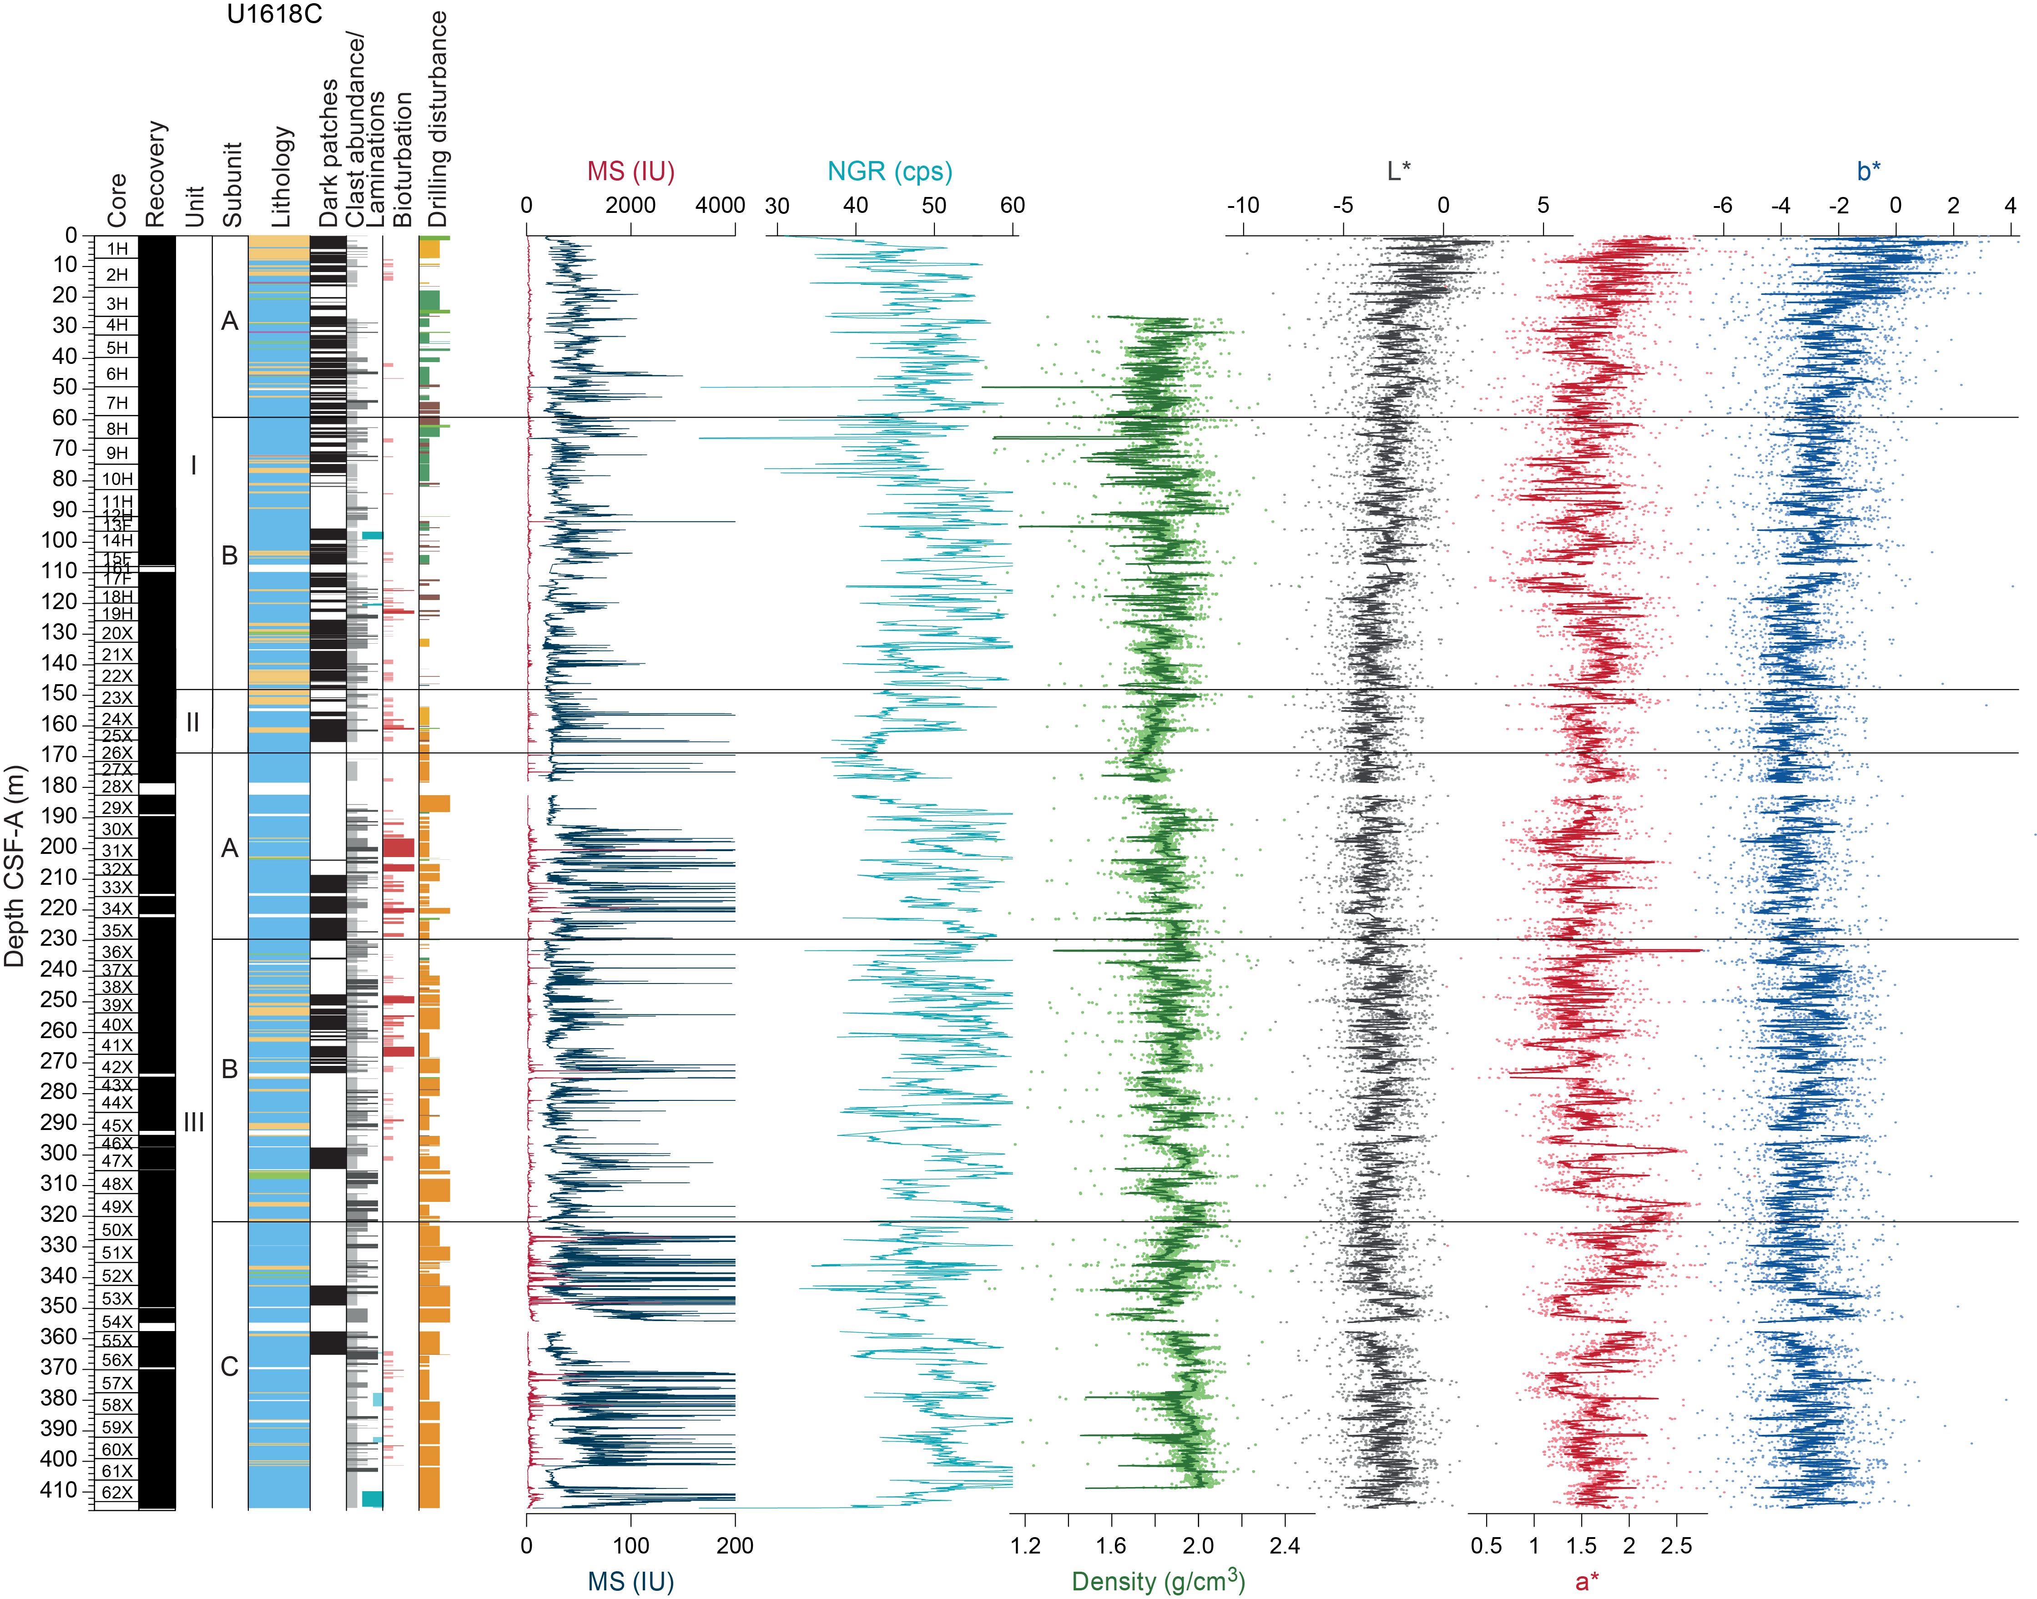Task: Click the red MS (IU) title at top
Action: (x=631, y=172)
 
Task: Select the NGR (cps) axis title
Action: (x=889, y=172)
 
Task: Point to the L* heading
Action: (x=1399, y=172)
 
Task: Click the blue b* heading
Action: (x=1869, y=172)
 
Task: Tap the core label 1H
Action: (x=117, y=249)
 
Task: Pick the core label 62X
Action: (x=117, y=1492)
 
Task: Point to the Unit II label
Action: (x=193, y=722)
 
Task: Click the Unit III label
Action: (x=194, y=1122)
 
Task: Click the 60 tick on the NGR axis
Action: (x=1012, y=205)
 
